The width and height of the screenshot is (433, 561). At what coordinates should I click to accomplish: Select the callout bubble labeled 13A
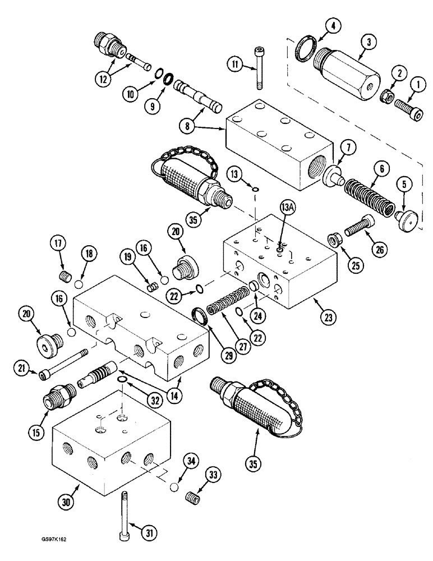(x=285, y=211)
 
